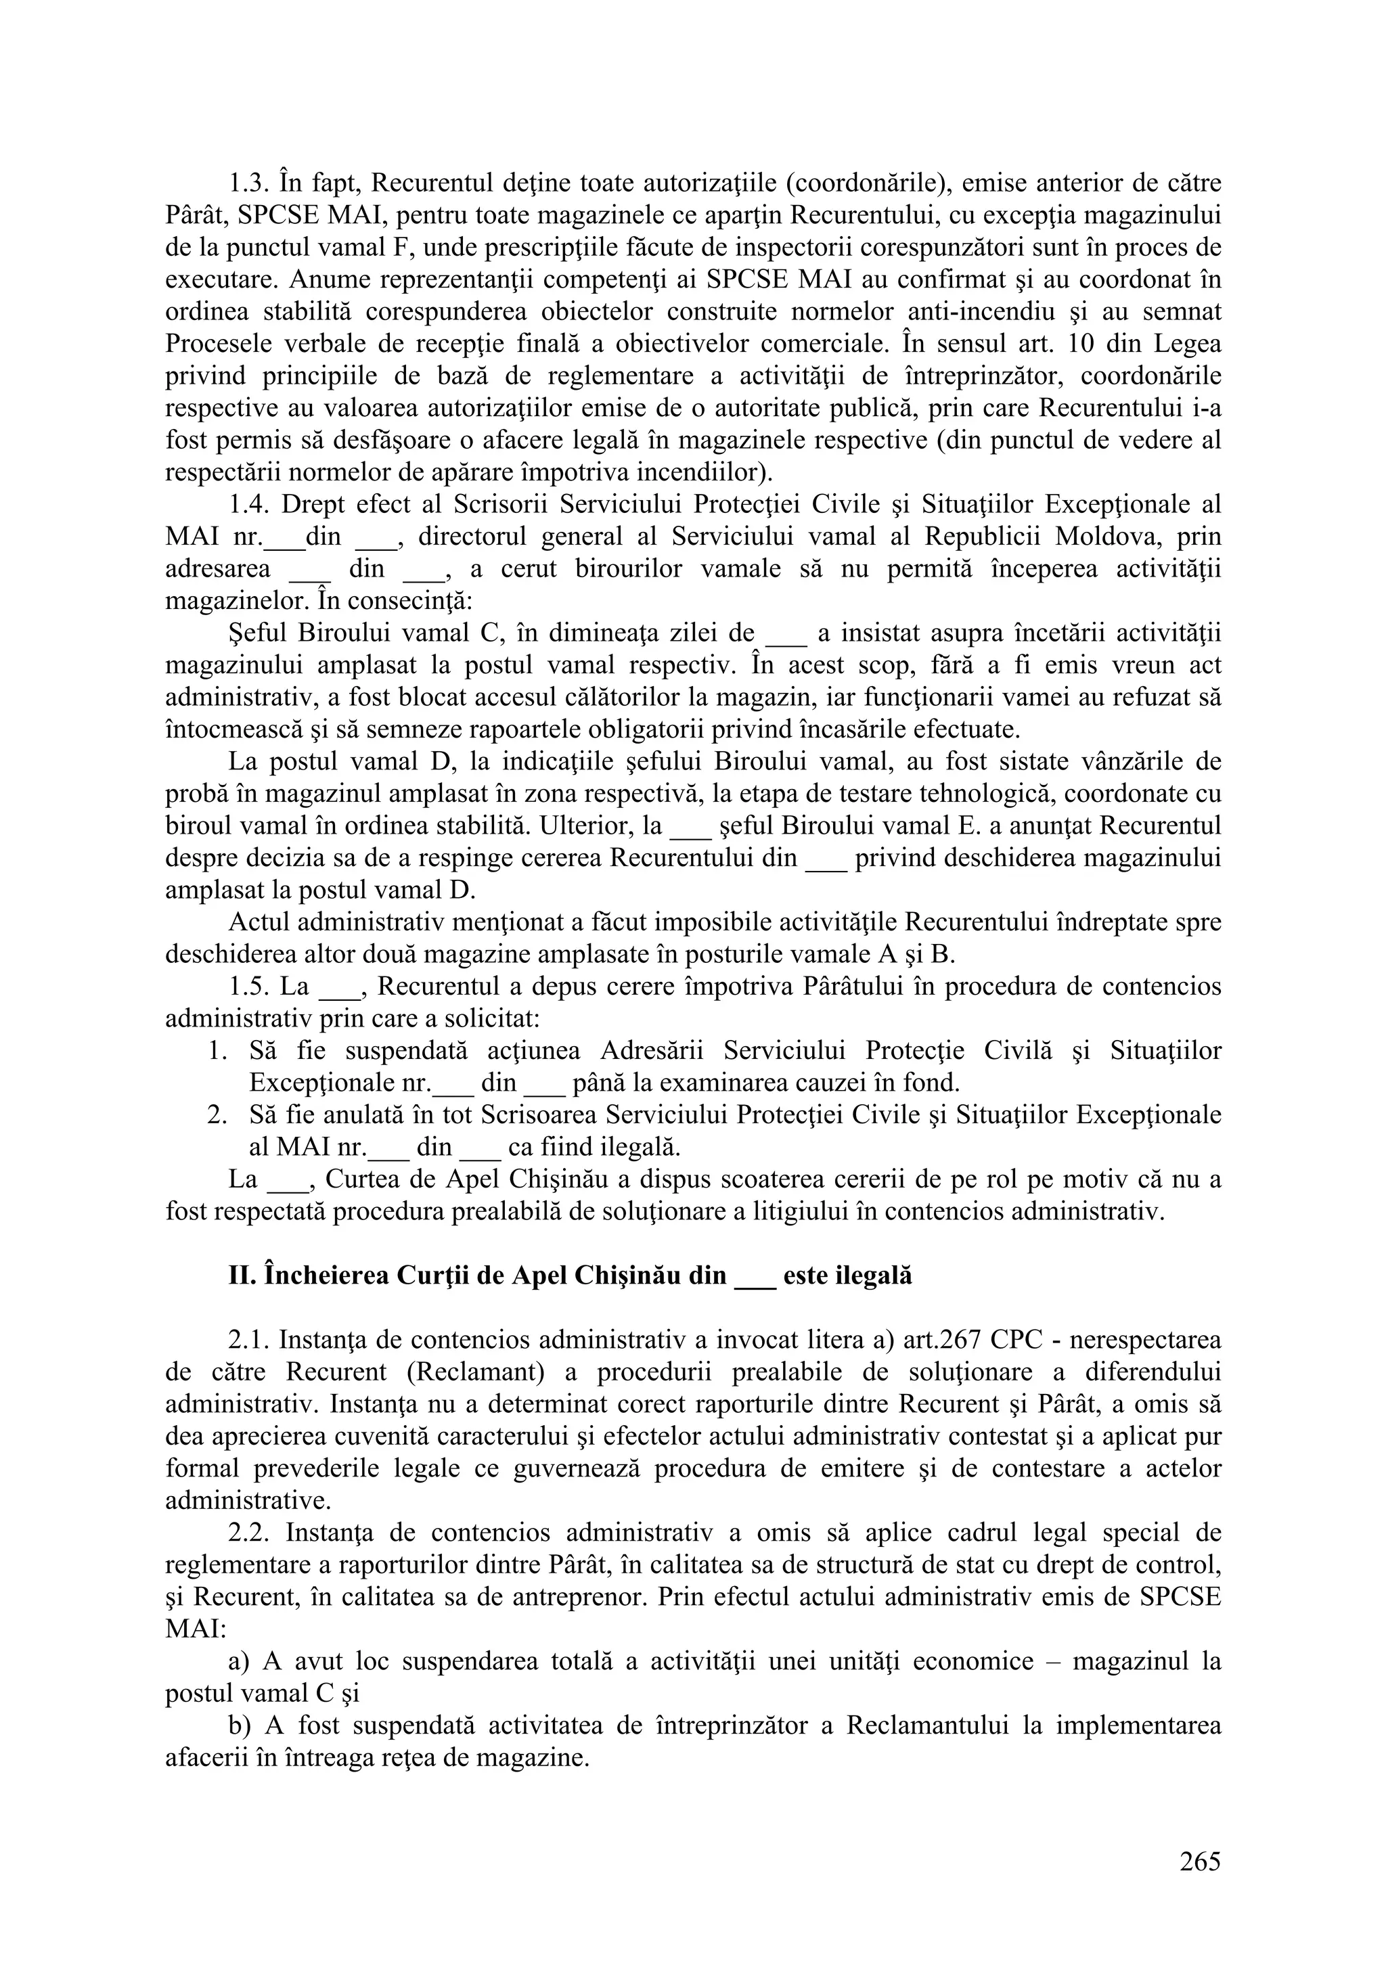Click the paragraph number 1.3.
248,183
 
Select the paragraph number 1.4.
248,505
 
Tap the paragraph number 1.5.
248,987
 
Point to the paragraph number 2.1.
248,1340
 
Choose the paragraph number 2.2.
248,1533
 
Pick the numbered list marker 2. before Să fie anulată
217,1115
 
